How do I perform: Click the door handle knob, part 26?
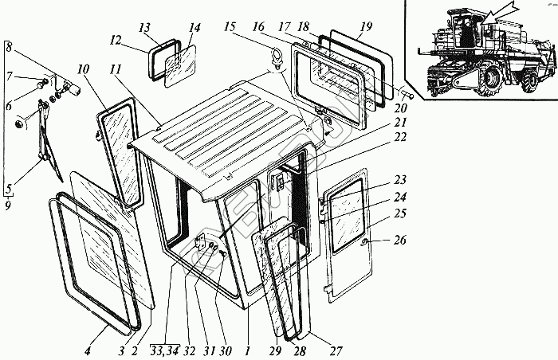363,241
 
